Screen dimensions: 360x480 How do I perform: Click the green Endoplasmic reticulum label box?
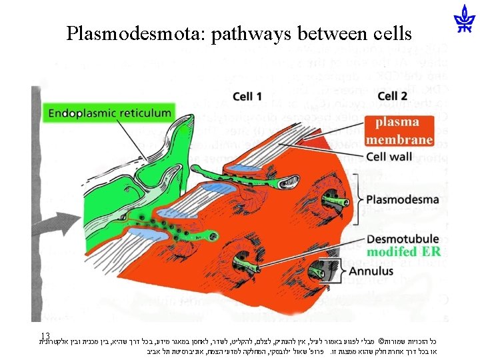pos(109,113)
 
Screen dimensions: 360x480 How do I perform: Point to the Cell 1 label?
pos(247,97)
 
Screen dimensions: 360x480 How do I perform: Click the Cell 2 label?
pos(393,97)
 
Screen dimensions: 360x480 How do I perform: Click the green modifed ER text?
pos(403,251)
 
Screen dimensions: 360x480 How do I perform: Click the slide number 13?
pos(45,335)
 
